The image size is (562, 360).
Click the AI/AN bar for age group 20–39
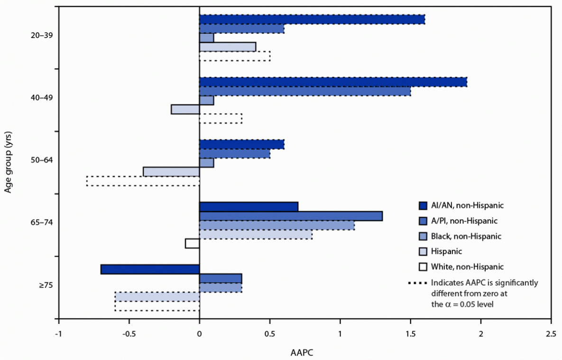[x=312, y=19]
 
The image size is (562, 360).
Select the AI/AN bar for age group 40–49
[x=333, y=82]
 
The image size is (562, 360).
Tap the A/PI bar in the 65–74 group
[x=291, y=216]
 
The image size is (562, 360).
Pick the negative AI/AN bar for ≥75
[x=150, y=269]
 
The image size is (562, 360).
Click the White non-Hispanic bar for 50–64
[x=143, y=181]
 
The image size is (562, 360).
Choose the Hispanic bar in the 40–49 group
[x=185, y=110]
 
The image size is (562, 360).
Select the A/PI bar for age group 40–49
[x=304, y=91]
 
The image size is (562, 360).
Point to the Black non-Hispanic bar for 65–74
[x=276, y=225]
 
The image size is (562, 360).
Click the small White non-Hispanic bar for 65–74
[x=192, y=243]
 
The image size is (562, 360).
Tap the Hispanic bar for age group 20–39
[x=227, y=47]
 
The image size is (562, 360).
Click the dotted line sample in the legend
[x=417, y=283]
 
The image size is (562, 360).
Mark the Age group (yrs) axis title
[x=9, y=160]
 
